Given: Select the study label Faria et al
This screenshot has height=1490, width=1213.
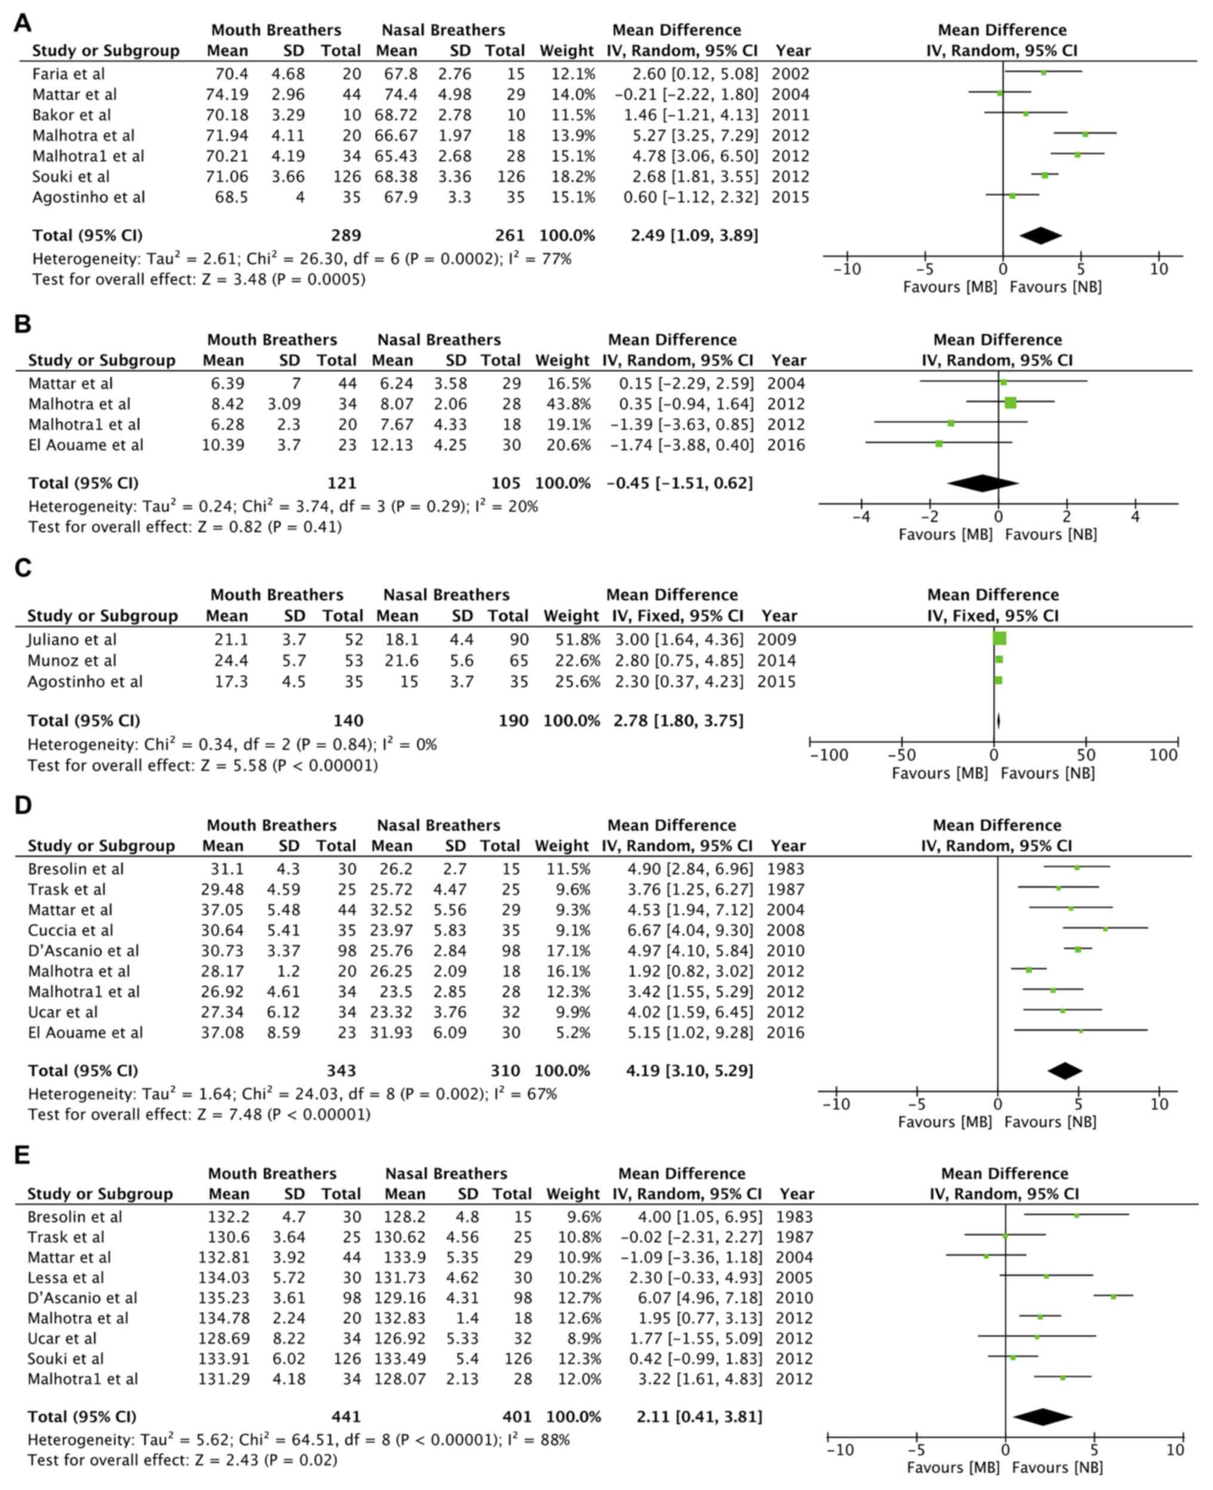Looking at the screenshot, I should [69, 73].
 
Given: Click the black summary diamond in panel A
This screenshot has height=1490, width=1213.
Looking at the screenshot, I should [1040, 235].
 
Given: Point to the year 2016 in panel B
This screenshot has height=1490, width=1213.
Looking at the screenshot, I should [786, 444].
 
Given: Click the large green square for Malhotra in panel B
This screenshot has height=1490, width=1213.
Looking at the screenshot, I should [1011, 403].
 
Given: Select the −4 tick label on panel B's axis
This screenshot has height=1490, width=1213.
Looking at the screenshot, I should [860, 517].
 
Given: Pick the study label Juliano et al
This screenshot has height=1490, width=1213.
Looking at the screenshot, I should [72, 639].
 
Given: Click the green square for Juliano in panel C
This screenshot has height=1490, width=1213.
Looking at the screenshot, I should [999, 639].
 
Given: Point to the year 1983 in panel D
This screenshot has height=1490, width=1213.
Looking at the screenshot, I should [786, 869].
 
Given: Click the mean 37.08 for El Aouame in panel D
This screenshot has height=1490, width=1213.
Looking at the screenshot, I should [223, 1032].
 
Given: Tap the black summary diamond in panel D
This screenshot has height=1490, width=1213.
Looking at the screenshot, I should [1065, 1071].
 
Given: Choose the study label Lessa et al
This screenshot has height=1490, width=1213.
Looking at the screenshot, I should [66, 1277].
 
